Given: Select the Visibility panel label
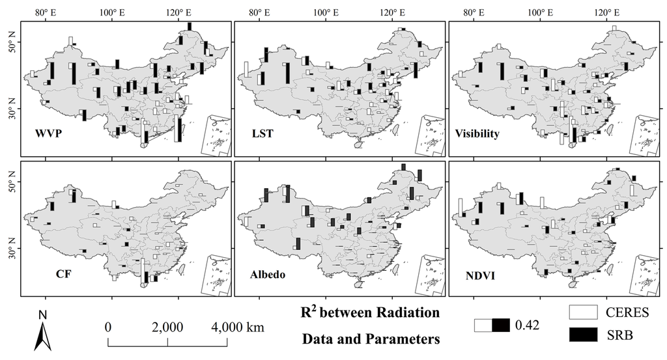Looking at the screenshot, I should (477, 133).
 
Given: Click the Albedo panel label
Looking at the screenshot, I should (266, 273).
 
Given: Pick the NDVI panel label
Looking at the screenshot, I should (479, 273).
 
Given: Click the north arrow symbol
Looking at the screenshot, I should (42, 331).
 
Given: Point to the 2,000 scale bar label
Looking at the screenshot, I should (167, 327).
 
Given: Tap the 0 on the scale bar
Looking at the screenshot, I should (109, 327).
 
